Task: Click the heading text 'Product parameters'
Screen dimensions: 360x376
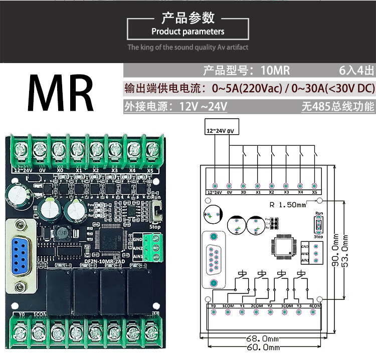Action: coord(188,32)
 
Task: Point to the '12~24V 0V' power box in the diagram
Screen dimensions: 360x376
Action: coord(221,130)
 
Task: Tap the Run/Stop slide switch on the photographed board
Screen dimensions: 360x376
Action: coord(157,212)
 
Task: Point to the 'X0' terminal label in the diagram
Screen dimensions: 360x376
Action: coord(243,192)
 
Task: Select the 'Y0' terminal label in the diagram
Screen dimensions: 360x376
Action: coord(213,305)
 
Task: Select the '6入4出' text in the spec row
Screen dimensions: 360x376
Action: coord(356,71)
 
